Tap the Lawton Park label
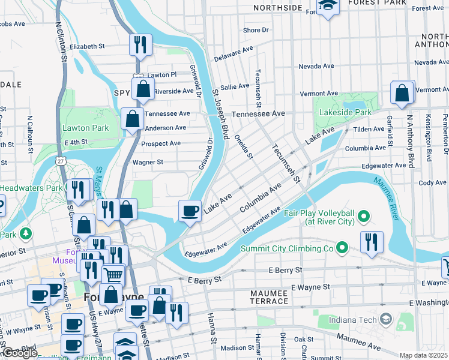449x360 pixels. pyautogui.click(x=86, y=128)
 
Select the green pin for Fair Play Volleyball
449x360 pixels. pyautogui.click(x=363, y=215)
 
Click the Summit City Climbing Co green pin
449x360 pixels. pyautogui.click(x=342, y=247)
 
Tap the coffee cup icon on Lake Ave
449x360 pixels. pyautogui.click(x=190, y=211)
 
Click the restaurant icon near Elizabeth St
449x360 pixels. pyautogui.click(x=140, y=44)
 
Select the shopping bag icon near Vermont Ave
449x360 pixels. pyautogui.click(x=402, y=93)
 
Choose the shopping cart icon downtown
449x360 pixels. pyautogui.click(x=113, y=275)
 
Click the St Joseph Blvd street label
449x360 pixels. pyautogui.click(x=221, y=115)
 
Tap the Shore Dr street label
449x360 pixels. pyautogui.click(x=256, y=30)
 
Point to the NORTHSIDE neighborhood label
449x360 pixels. pyautogui.click(x=277, y=7)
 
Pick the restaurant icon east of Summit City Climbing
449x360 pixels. pyautogui.click(x=372, y=241)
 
